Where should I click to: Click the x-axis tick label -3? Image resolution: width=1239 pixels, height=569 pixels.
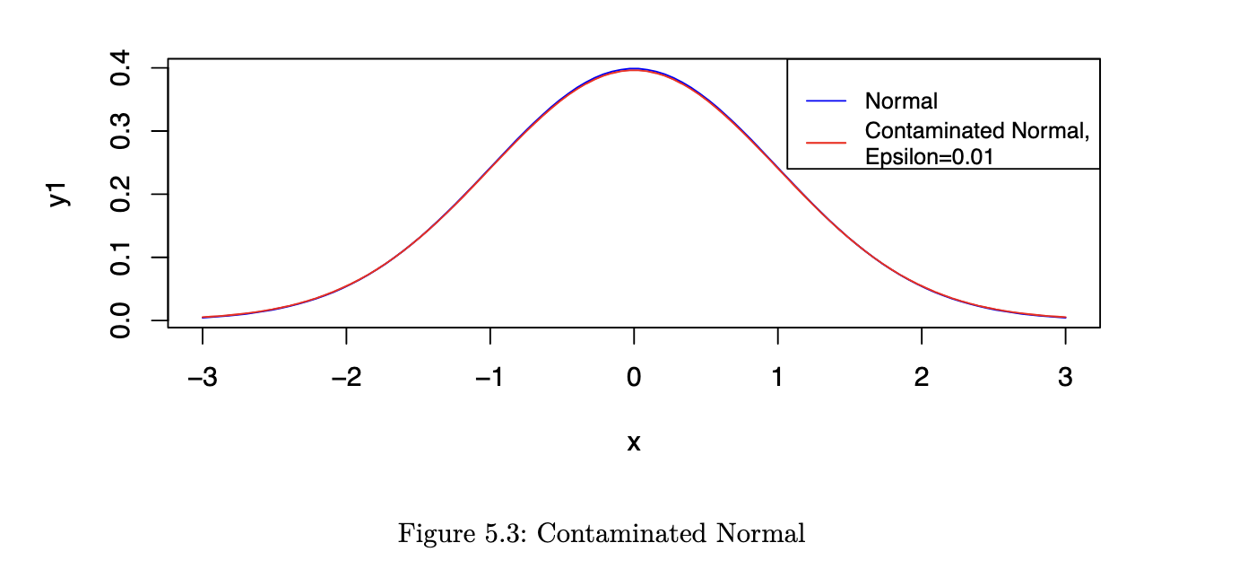coord(202,379)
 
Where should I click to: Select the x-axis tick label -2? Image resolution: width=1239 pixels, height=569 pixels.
coord(345,379)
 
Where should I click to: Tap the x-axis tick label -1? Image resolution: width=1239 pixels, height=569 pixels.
coord(490,379)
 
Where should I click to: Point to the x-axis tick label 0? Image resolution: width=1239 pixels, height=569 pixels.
coord(634,379)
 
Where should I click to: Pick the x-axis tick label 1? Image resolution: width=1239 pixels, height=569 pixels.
coord(777,379)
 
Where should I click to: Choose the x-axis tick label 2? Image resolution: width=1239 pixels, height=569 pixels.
coord(922,379)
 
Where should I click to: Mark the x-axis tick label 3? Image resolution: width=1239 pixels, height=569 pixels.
coord(1065,379)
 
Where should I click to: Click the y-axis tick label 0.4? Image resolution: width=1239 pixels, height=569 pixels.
coord(119,68)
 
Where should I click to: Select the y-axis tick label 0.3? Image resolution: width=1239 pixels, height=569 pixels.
coord(119,131)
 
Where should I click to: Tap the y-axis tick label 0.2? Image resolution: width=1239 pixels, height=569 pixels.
coord(119,194)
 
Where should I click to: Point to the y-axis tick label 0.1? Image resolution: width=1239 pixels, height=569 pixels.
coord(119,258)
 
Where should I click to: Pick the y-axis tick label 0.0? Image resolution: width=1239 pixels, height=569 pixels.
coord(119,320)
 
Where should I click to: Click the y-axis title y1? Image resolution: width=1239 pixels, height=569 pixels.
coord(59,195)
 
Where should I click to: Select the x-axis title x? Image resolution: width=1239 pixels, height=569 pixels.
coord(634,442)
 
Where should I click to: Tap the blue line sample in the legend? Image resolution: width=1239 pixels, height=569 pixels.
coord(826,101)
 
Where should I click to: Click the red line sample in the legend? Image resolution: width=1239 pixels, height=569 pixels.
coord(826,143)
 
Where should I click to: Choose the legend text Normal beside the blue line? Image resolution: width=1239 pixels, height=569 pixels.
coord(901,101)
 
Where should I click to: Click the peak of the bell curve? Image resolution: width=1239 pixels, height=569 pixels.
coord(634,69)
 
